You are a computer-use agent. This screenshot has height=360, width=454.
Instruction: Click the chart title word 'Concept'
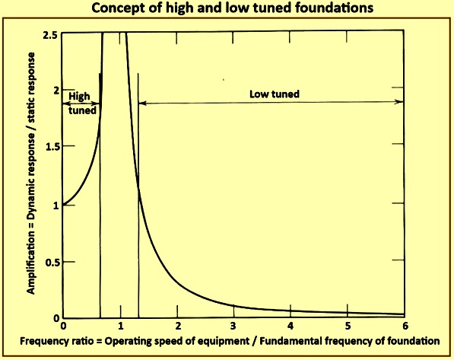115,8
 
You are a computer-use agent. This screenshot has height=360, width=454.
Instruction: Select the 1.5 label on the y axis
53,147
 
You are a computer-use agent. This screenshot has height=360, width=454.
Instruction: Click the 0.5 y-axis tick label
53,263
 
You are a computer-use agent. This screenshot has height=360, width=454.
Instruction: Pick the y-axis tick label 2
56,90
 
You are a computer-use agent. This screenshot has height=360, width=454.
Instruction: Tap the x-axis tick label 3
233,326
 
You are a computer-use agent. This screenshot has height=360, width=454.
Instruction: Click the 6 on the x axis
405,326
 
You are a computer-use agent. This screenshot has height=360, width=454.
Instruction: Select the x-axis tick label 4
290,326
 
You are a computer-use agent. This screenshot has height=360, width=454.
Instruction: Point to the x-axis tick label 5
348,326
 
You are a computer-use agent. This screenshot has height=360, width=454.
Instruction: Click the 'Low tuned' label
275,94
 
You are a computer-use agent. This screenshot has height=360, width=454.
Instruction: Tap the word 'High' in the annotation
79,96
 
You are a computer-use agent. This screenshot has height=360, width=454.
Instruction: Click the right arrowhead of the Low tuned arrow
400,101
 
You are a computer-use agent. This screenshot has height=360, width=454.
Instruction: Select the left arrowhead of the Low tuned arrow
142,103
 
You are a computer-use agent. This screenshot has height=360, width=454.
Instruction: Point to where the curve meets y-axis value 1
63,205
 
